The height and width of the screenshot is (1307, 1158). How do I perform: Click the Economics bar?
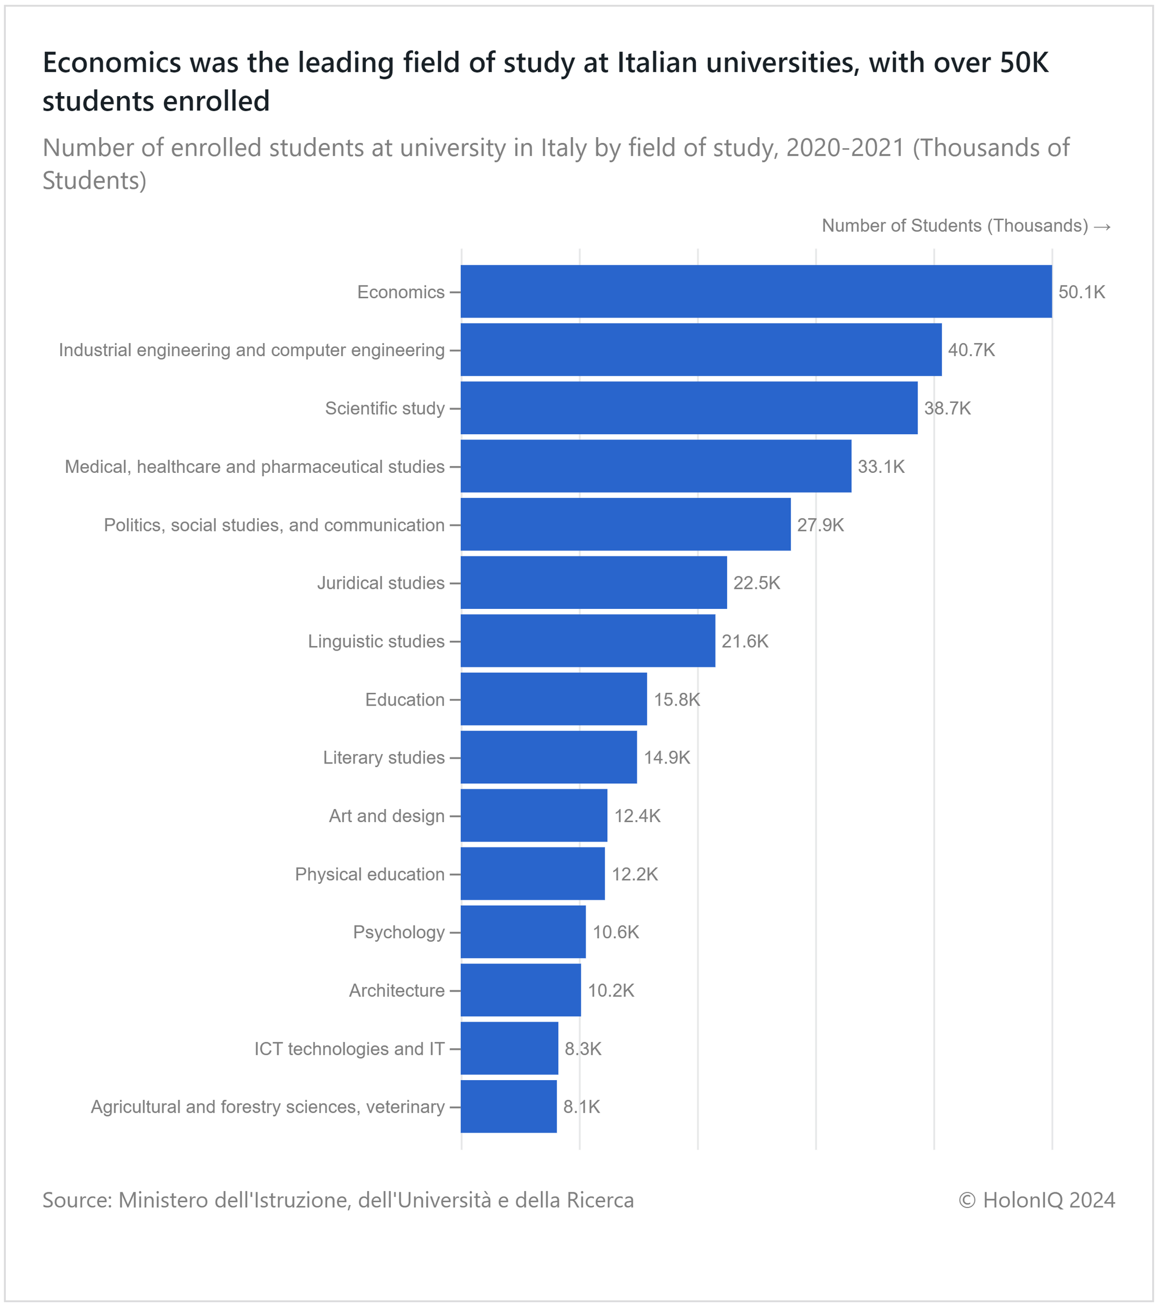(x=756, y=292)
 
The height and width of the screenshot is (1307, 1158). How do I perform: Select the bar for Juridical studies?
(x=593, y=582)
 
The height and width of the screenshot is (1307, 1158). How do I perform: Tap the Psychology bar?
(x=523, y=932)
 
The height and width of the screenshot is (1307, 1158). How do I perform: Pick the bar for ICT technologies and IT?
(x=510, y=1048)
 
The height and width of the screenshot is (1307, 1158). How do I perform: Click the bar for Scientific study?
(x=689, y=408)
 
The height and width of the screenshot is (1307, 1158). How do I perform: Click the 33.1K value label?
(x=881, y=467)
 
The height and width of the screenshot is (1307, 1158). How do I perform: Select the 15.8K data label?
(x=677, y=700)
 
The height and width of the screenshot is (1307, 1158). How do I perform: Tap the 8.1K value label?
(x=581, y=1107)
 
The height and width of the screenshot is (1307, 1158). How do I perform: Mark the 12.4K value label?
(x=637, y=816)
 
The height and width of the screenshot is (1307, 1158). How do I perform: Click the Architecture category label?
(x=397, y=990)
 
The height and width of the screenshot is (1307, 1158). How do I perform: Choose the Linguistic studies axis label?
(x=376, y=641)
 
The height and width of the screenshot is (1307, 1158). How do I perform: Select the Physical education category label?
(x=370, y=874)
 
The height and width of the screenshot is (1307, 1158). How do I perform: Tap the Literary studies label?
(x=384, y=758)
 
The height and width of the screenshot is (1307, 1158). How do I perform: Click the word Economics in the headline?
(x=112, y=63)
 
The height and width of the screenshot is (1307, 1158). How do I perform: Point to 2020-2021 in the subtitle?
(x=845, y=148)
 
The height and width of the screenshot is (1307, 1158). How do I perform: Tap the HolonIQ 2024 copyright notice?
(x=1036, y=1200)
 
